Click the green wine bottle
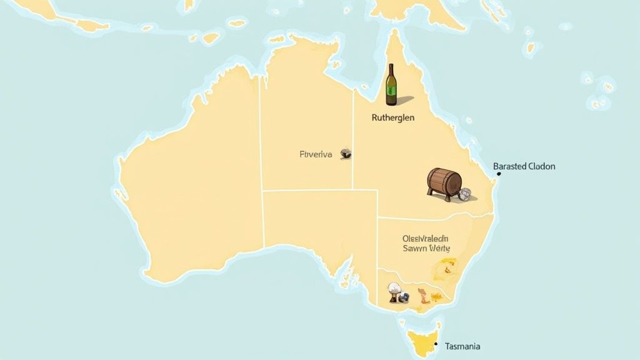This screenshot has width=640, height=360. point(391,86)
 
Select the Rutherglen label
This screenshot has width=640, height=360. point(392,117)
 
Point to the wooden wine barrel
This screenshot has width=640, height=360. point(444,182)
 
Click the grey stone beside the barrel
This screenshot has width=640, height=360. point(464,195)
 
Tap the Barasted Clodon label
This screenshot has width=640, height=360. point(524,166)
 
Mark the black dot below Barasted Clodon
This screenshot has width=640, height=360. point(498,174)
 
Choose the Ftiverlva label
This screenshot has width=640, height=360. point(316,154)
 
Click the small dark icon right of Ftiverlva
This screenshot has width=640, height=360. point(346,153)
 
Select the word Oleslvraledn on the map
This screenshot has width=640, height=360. point(426,238)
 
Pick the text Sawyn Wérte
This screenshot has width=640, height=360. point(426,248)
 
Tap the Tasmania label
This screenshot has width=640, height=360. point(462,346)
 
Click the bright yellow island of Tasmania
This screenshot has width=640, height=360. point(424,341)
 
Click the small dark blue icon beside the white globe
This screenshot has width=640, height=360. point(406,298)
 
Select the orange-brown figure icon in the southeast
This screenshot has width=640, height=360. point(424,296)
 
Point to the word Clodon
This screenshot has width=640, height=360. point(541,166)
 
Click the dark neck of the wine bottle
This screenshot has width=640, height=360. point(391,71)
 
